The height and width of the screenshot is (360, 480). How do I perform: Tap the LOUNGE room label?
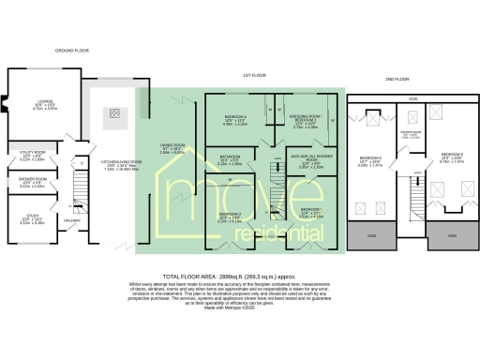(44, 105)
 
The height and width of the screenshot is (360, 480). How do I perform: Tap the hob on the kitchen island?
(113, 117)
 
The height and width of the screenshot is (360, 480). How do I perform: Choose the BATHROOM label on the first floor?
(230, 158)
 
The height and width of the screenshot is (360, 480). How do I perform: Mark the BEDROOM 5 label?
(452, 155)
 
